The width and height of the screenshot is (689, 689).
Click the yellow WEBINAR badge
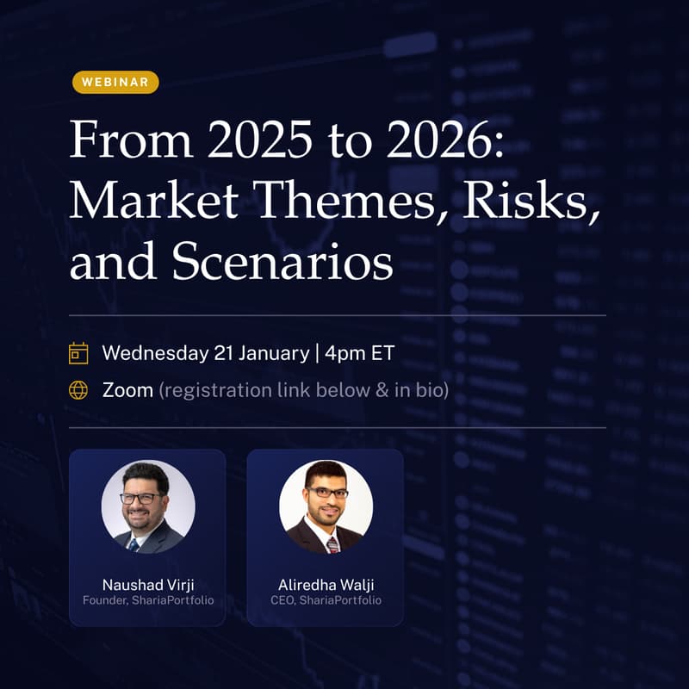click(115, 83)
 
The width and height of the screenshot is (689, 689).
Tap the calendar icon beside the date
click(78, 353)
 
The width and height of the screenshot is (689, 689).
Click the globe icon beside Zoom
click(78, 390)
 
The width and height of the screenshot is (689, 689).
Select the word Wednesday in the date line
click(155, 353)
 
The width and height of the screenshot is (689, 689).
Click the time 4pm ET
click(360, 353)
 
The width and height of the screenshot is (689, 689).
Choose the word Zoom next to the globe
click(127, 390)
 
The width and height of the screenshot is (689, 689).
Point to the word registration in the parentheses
click(217, 390)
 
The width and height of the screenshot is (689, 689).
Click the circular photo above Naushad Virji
click(147, 506)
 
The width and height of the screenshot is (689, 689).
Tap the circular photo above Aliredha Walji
click(326, 506)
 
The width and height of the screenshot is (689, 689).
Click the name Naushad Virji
click(147, 585)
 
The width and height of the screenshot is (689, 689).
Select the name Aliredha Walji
click(326, 585)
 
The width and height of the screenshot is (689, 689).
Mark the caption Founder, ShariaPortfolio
click(147, 600)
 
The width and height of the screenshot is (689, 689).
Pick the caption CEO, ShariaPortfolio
click(326, 600)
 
